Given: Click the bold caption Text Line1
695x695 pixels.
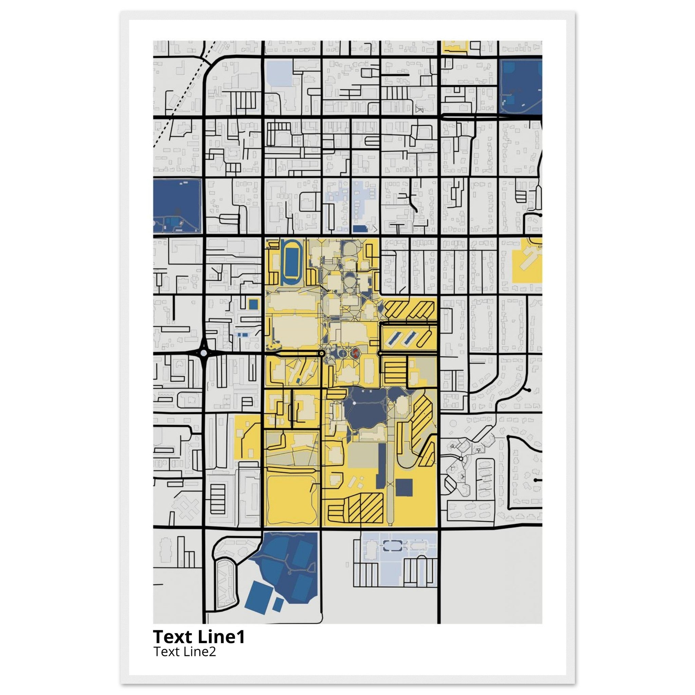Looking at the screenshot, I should coord(199,637).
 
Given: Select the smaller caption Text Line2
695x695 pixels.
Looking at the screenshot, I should coord(185,652).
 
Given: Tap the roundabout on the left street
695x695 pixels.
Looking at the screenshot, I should coord(204,353).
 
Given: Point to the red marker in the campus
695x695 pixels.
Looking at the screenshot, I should coord(355,353).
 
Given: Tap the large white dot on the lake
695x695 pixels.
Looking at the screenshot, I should coord(354,403).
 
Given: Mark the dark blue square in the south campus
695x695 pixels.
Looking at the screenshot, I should coord(404,487).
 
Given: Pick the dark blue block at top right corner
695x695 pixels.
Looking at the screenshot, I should coord(521,86).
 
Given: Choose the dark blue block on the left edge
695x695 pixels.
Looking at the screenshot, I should coord(176,206).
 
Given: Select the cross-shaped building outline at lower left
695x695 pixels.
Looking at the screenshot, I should coord(186,507).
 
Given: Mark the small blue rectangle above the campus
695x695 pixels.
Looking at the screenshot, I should coord(359,229).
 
